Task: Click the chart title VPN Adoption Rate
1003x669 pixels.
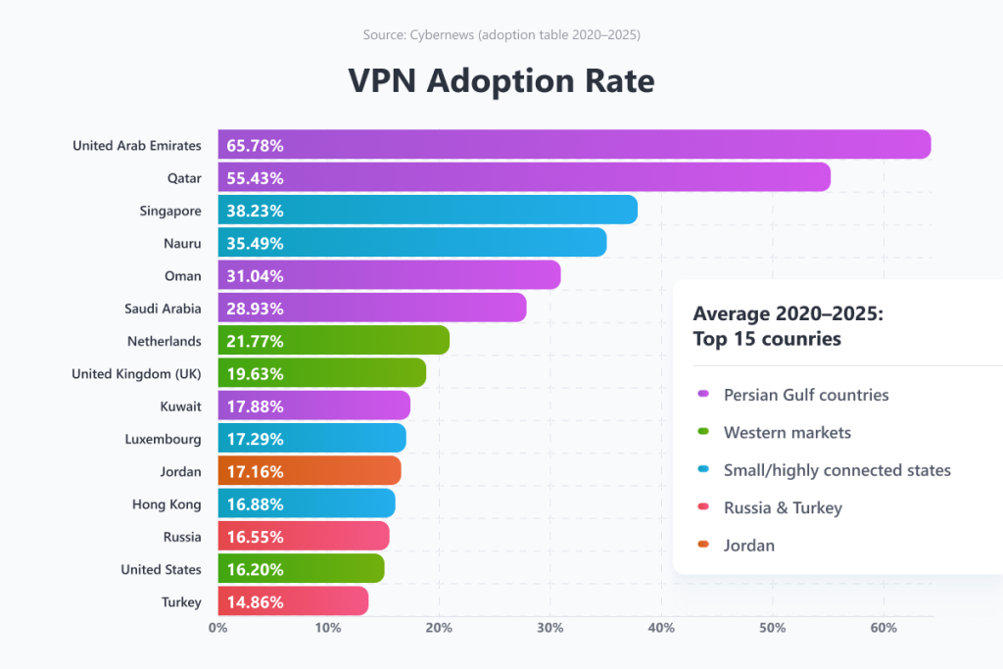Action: point(501,81)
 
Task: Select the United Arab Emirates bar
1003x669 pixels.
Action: point(573,145)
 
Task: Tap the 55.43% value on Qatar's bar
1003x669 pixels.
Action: point(255,178)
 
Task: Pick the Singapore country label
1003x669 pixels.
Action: point(170,211)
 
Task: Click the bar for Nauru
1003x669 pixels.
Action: point(411,243)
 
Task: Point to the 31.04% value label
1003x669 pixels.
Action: point(255,276)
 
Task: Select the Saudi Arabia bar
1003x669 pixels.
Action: point(372,309)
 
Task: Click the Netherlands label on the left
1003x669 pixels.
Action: point(165,341)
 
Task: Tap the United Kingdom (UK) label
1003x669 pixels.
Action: point(137,373)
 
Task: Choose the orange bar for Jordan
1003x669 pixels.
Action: point(309,471)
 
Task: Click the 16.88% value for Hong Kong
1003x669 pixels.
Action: point(255,504)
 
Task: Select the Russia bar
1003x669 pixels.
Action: point(304,537)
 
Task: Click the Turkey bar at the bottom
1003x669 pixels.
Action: point(293,601)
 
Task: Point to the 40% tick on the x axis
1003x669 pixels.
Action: point(661,628)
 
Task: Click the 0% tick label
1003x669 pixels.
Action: point(217,628)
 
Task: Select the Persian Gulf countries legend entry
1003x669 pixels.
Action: point(805,395)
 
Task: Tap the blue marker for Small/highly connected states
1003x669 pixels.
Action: point(703,470)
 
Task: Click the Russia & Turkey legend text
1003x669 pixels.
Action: point(783,507)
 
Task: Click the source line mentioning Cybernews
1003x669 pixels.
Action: point(501,35)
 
